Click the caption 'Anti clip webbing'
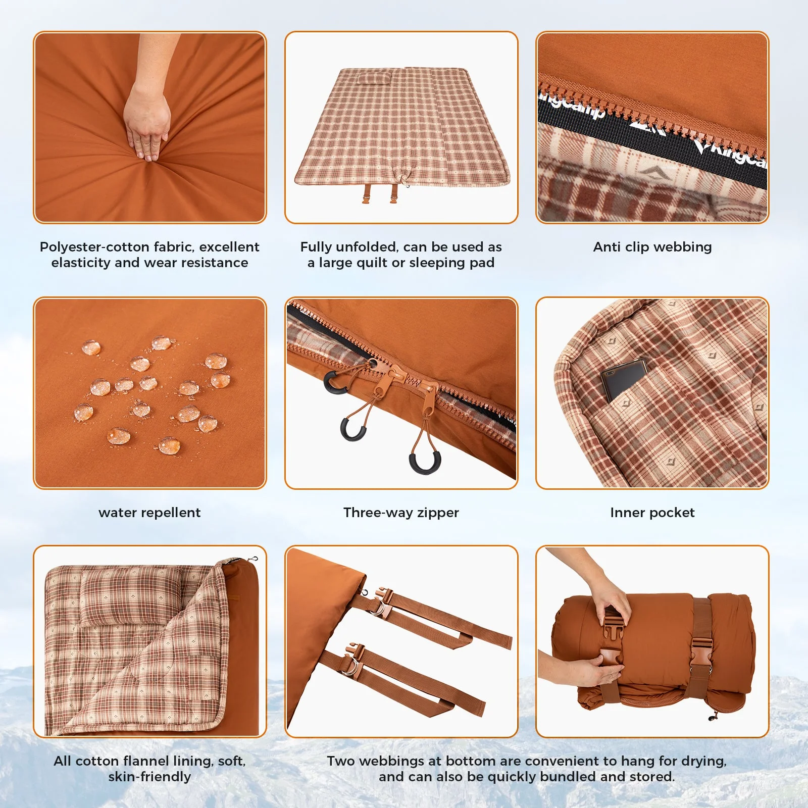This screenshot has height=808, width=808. click(652, 247)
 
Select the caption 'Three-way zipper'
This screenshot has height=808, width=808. click(401, 513)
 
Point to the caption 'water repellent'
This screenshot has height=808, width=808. click(149, 513)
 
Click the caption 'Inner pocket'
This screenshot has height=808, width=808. click(652, 513)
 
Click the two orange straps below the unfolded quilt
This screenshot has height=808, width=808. click(379, 193)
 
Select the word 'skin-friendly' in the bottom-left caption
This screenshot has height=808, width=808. click(149, 777)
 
